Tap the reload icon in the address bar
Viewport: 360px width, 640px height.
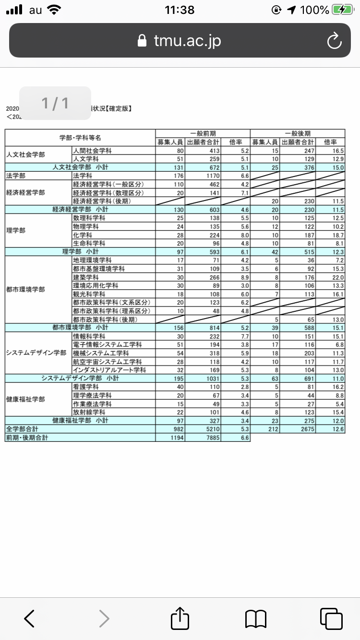334,41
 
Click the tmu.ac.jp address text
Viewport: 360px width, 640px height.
187,41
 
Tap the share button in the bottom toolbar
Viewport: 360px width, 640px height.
180,618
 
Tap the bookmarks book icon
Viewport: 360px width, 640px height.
255,618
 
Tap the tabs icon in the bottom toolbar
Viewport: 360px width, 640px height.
331,618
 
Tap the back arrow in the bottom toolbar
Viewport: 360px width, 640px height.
29,618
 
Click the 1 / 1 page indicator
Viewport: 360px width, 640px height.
55,103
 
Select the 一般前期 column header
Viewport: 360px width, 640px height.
203,134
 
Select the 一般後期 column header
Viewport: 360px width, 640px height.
298,134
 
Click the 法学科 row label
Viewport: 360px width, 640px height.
82,176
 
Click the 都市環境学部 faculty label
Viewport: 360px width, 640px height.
26,289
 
